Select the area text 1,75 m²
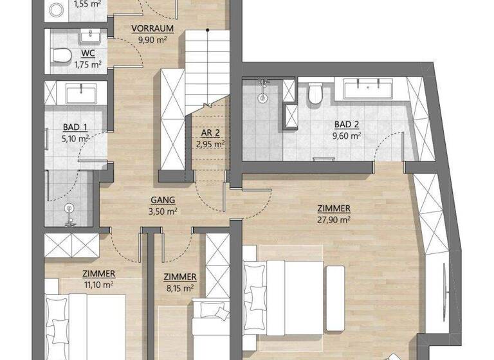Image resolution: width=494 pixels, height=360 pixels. [87, 64]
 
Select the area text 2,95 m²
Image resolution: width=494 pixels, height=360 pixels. [210, 144]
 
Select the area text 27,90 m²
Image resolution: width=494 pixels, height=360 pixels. [333, 219]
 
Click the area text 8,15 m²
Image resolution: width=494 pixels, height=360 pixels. [181, 287]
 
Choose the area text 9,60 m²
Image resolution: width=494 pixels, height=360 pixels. [346, 136]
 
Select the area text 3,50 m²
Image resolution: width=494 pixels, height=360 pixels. [163, 210]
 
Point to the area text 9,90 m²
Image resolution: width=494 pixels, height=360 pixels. [152, 39]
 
